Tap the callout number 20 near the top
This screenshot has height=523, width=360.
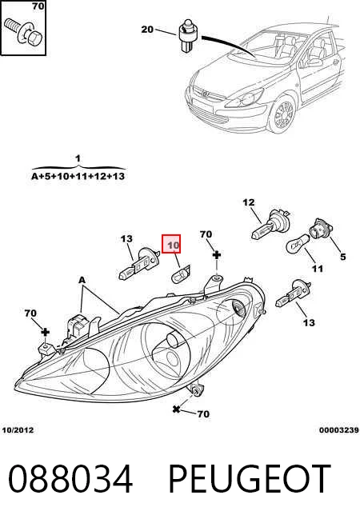147,30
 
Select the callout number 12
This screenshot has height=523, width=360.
249,202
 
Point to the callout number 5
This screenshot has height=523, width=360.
342,257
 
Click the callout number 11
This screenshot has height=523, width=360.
318,268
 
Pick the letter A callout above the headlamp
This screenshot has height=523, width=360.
82,280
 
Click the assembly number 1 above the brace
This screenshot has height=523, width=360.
78,158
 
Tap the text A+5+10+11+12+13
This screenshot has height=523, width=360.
78,176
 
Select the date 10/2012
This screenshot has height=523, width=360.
18,430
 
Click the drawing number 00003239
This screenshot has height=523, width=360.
339,430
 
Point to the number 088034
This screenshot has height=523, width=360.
70,479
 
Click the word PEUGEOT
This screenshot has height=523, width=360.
250,479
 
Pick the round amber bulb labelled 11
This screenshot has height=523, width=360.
298,246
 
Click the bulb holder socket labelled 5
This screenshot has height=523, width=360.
321,227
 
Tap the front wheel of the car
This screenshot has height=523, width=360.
283,114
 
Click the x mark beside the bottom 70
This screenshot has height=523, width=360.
176,409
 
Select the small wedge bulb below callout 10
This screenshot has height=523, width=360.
180,274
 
